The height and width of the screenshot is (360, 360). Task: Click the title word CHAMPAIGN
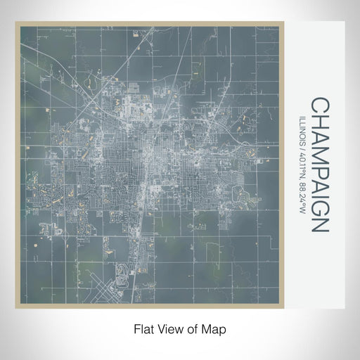tap(319, 165)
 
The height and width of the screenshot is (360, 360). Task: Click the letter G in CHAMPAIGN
tap(319, 205)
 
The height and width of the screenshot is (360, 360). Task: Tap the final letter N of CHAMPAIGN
tap(319, 222)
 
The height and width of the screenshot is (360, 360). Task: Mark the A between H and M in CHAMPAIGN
tap(319, 135)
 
